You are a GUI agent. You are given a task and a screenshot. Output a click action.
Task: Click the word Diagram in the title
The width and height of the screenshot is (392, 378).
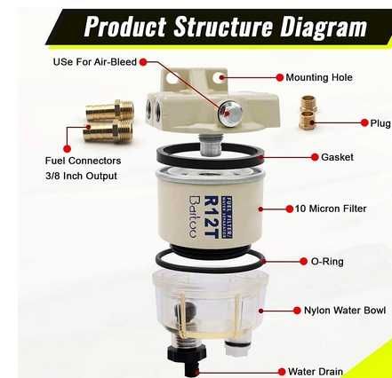pos(324,28)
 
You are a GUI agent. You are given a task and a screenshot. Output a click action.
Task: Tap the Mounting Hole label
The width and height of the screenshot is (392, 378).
pos(319,77)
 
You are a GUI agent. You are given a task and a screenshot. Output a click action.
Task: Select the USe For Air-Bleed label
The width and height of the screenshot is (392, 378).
pos(95,62)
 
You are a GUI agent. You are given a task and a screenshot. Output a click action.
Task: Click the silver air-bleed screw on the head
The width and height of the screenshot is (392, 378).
pos(229,114)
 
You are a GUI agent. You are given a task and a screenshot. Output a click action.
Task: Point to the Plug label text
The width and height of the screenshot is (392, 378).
pos(380,122)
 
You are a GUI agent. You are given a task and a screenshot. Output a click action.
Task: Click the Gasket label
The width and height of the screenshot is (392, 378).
pos(337,157)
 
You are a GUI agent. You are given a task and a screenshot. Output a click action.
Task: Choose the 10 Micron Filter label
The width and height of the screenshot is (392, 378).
pos(331,209)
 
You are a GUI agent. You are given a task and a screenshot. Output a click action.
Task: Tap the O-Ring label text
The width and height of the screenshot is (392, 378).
pos(327,262)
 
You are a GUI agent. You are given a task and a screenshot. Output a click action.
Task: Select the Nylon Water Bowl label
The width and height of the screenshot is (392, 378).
pos(345,311)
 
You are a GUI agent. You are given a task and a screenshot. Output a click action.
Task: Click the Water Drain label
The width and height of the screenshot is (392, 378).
pos(316,371)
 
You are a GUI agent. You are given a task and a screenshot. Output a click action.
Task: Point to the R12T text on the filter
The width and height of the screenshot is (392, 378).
pos(212,217)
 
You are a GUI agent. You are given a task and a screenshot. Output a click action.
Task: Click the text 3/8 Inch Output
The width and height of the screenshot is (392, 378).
pos(81,176)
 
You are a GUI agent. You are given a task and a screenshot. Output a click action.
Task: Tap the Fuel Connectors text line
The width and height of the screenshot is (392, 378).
pos(83,161)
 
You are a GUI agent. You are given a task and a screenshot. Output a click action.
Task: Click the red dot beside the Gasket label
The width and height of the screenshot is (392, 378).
pos(315,157)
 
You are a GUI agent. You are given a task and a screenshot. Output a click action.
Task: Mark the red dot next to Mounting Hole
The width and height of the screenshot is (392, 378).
pos(279,77)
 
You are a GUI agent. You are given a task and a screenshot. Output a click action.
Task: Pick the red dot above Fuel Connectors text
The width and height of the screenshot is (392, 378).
pos(67,149)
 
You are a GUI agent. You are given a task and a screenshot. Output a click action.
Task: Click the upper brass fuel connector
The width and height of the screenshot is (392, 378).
pos(110,110)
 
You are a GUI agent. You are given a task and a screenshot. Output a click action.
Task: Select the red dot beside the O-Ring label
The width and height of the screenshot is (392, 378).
pos(303,262)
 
